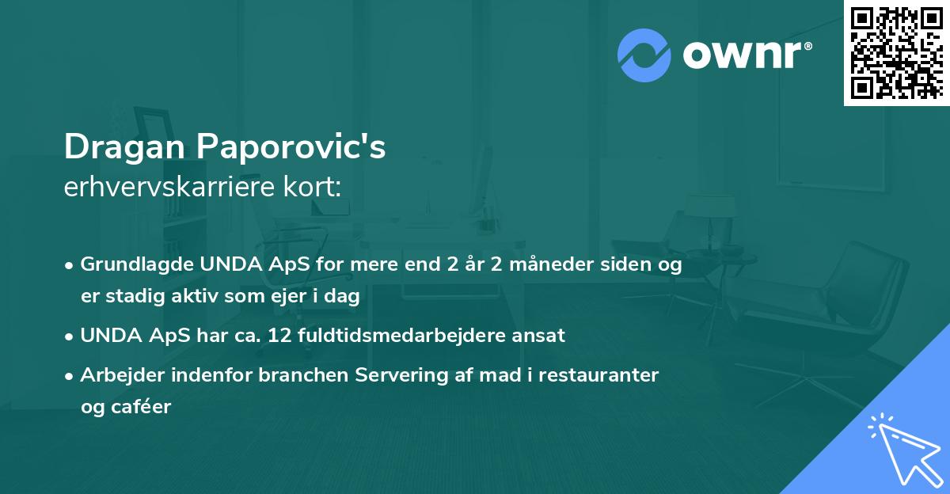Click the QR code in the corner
point(896,52)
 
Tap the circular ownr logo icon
point(644,55)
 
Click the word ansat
point(540,335)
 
